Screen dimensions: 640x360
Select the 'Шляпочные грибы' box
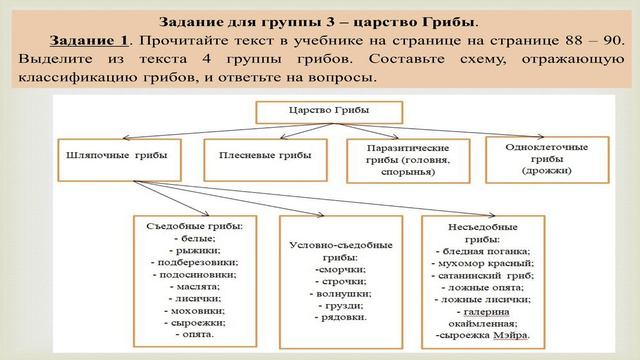pyautogui.click(x=117, y=158)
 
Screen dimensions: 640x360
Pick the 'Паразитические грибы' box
pyautogui.click(x=400, y=158)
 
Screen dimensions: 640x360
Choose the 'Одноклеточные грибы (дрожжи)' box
pyautogui.click(x=538, y=158)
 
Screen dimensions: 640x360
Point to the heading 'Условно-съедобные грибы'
pyautogui.click(x=326, y=250)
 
